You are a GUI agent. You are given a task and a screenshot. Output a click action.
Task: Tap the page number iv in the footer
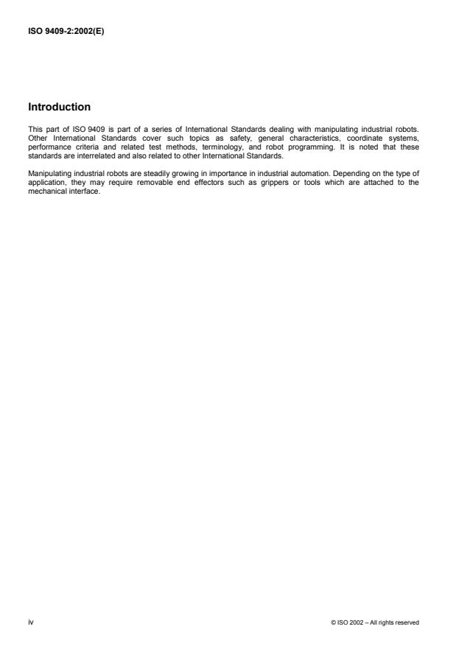pos(31,622)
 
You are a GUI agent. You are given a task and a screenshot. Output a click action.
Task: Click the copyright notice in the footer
pos(376,622)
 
